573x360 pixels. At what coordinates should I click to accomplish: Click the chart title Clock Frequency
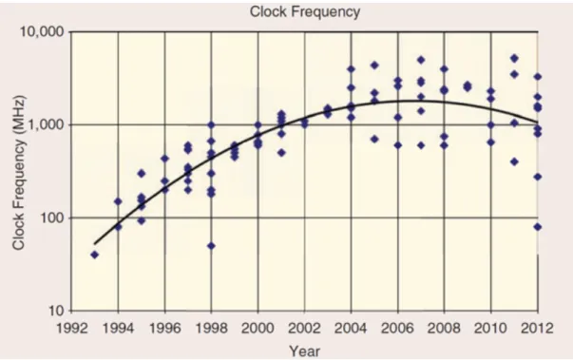pyautogui.click(x=305, y=11)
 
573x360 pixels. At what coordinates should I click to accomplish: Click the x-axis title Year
pyautogui.click(x=305, y=351)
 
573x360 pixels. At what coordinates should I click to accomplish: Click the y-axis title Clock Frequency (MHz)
pyautogui.click(x=19, y=172)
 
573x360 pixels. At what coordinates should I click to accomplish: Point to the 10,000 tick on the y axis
pyautogui.click(x=42, y=32)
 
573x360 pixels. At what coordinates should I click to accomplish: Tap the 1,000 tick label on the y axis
pyautogui.click(x=47, y=125)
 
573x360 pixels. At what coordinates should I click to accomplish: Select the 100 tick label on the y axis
pyautogui.click(x=52, y=218)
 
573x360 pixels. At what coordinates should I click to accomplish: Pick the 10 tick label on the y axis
pyautogui.click(x=56, y=311)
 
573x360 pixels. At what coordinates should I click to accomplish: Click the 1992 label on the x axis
pyautogui.click(x=71, y=329)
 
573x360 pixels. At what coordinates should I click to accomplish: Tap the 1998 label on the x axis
pyautogui.click(x=211, y=329)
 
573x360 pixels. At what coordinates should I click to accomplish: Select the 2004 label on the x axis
pyautogui.click(x=351, y=329)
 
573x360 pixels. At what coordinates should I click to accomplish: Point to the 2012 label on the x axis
pyautogui.click(x=537, y=329)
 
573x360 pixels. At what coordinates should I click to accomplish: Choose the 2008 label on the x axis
pyautogui.click(x=444, y=329)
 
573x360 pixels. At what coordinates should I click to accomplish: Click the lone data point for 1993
pyautogui.click(x=95, y=255)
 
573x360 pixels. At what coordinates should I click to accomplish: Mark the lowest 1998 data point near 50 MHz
pyautogui.click(x=211, y=246)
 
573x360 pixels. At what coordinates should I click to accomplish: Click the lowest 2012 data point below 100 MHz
pyautogui.click(x=538, y=227)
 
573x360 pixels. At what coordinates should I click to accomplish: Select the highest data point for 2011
pyautogui.click(x=514, y=58)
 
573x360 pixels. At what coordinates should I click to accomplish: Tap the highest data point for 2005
pyautogui.click(x=374, y=66)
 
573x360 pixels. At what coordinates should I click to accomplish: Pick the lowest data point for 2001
pyautogui.click(x=281, y=153)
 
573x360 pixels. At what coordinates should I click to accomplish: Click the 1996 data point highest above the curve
pyautogui.click(x=164, y=159)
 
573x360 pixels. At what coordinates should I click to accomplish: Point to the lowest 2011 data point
pyautogui.click(x=514, y=161)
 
